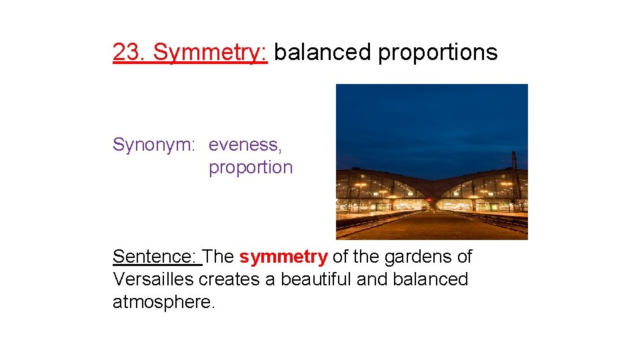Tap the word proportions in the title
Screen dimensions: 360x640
[437, 52]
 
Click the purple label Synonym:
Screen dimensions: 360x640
[154, 145]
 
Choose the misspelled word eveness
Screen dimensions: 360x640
[245, 145]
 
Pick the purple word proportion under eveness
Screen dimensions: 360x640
[251, 167]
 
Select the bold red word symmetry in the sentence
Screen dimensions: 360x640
[283, 257]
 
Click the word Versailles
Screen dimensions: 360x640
[153, 279]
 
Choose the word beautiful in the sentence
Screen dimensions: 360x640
[316, 279]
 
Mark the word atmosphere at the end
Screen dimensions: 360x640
[163, 302]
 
